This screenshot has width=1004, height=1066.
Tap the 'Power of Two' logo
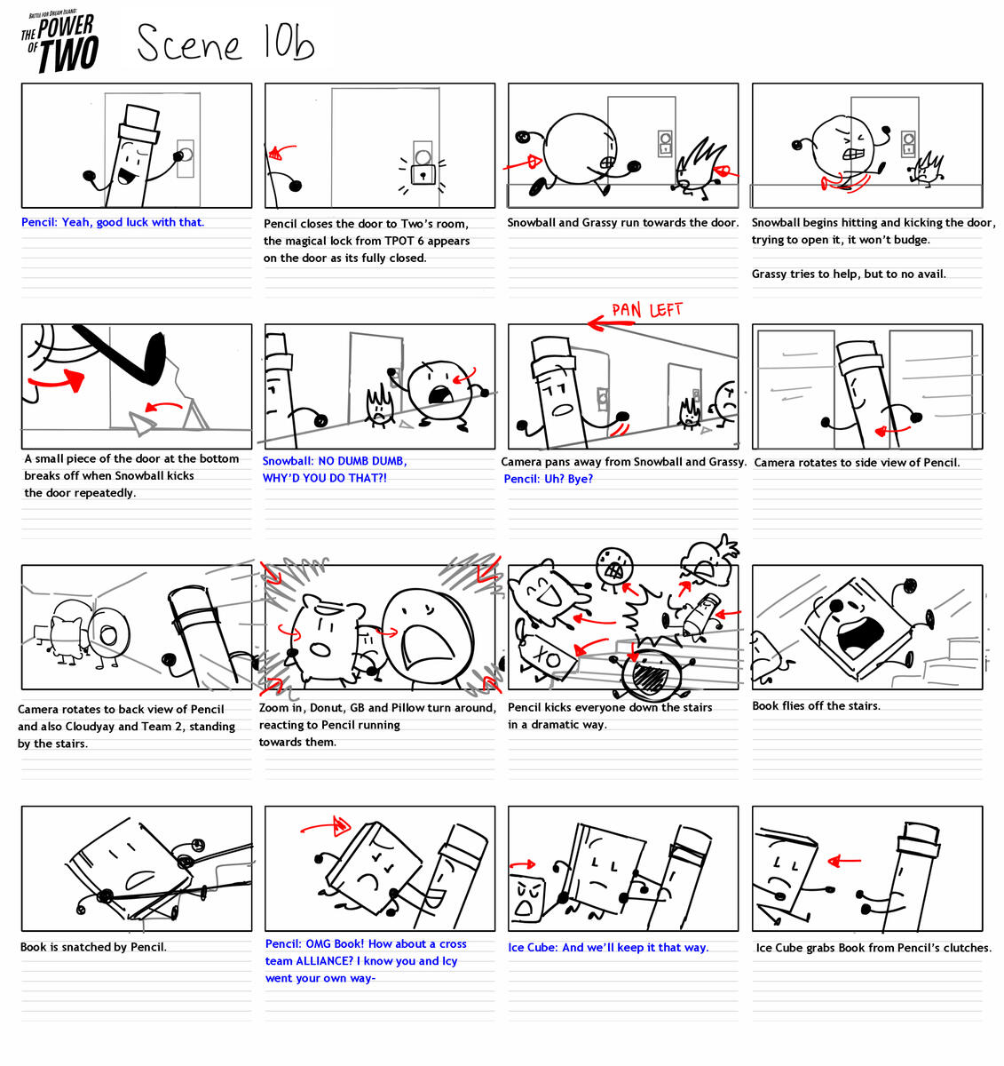pyautogui.click(x=60, y=43)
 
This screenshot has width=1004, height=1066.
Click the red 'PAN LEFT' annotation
pyautogui.click(x=646, y=310)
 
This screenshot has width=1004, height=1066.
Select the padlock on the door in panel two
pyautogui.click(x=423, y=173)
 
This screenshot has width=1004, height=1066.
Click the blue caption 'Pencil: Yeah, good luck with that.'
pyautogui.click(x=113, y=222)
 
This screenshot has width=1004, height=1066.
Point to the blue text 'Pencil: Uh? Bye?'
pyautogui.click(x=548, y=479)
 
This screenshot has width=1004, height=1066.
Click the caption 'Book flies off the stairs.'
pyautogui.click(x=816, y=706)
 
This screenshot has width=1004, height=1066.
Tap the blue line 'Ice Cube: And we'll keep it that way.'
pyautogui.click(x=608, y=948)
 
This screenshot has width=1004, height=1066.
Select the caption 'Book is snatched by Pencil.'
pyautogui.click(x=93, y=947)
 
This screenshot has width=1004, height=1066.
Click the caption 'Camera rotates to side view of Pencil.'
pyautogui.click(x=857, y=463)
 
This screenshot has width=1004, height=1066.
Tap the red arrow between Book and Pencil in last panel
pyautogui.click(x=843, y=860)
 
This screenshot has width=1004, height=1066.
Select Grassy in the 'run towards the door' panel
pyautogui.click(x=699, y=165)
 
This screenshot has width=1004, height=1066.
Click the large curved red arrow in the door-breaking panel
pyautogui.click(x=57, y=380)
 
